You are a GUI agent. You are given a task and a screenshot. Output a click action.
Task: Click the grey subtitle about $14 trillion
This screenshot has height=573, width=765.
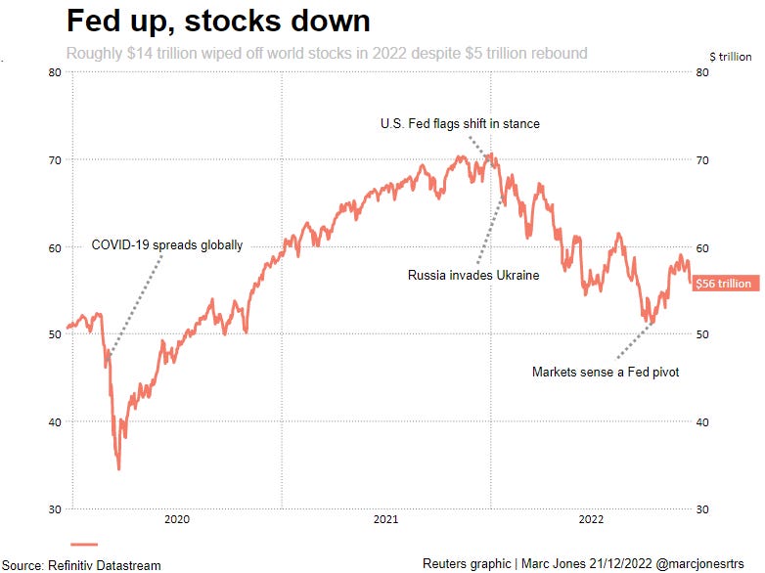tap(327, 53)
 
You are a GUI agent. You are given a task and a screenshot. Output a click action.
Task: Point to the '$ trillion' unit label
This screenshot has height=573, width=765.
tap(730, 57)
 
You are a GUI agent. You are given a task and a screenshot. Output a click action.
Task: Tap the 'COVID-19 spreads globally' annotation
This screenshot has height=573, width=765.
tap(166, 245)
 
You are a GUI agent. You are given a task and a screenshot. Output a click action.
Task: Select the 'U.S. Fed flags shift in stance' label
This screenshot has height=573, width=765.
tap(460, 124)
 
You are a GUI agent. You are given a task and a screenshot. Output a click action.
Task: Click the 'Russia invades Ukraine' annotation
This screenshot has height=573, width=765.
tap(473, 276)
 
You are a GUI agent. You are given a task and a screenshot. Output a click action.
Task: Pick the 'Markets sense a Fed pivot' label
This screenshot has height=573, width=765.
tap(605, 372)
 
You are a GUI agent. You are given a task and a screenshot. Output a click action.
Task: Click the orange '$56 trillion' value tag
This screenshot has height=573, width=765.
tap(724, 284)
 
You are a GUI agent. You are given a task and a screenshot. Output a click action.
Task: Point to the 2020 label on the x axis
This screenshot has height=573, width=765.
tap(177, 519)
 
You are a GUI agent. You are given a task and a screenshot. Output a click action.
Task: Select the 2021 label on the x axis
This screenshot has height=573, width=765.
tap(385, 519)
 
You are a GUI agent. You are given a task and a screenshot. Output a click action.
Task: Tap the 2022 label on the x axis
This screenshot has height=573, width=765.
tap(592, 519)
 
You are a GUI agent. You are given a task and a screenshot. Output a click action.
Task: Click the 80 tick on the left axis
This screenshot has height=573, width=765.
tap(55, 72)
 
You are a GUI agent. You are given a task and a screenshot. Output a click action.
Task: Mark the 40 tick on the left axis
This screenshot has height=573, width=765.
tap(55, 421)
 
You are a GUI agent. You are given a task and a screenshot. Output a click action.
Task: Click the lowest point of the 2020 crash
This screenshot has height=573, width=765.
tap(119, 468)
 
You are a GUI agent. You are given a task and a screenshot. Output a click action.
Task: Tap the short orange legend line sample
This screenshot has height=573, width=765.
tap(85, 545)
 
